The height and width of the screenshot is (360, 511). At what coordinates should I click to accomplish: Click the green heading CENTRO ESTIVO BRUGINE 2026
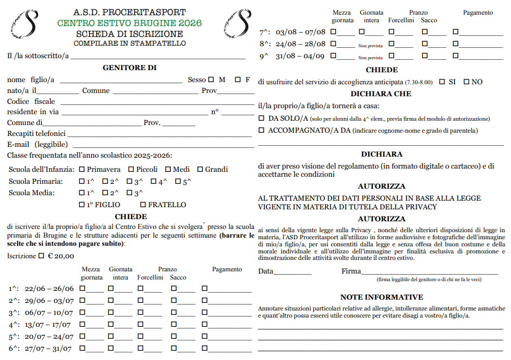(129, 23)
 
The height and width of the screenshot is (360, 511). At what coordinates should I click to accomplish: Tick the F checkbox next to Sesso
(238, 79)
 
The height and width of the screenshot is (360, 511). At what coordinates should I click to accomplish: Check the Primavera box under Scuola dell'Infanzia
(82, 169)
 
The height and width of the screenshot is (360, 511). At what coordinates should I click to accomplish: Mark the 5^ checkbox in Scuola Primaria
(178, 181)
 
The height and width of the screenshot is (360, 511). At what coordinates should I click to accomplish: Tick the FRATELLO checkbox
(143, 204)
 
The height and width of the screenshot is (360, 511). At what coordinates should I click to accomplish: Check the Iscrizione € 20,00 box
(42, 256)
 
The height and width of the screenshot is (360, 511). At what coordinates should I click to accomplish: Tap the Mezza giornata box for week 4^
(83, 324)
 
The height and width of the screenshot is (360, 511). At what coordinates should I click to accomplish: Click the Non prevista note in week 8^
(370, 46)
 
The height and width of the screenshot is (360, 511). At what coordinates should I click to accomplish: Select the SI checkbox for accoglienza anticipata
(442, 82)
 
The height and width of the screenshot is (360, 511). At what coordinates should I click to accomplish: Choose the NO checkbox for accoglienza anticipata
(466, 82)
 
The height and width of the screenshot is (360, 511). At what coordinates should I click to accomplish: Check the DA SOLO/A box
(261, 118)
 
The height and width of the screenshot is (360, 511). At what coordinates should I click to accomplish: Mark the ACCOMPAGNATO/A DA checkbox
(261, 130)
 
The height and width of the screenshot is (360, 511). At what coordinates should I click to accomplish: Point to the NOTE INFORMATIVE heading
(382, 297)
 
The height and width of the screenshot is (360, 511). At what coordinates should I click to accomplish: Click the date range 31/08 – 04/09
(300, 56)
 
